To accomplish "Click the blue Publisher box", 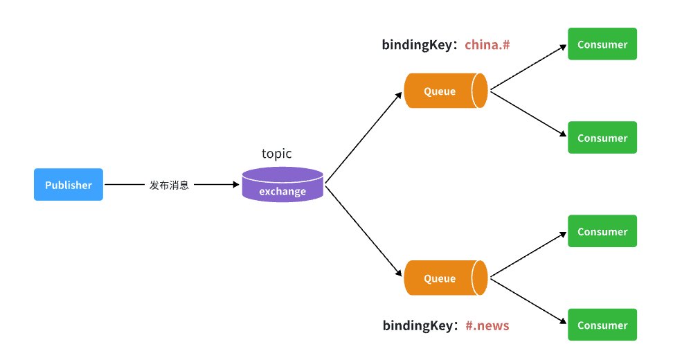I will tap(69, 185).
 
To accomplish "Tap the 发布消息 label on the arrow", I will tap(169, 186).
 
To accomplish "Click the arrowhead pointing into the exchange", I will tap(235, 185).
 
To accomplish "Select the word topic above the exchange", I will tap(276, 154).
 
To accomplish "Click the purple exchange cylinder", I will tap(282, 186).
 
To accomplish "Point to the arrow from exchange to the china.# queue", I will tap(364, 138).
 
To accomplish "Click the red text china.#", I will tap(487, 45).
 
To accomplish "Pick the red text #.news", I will tap(487, 325).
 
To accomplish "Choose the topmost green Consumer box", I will tap(602, 44).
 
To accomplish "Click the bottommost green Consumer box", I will tap(602, 325).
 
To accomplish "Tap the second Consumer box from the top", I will tap(602, 138).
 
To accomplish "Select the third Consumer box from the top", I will tap(602, 232).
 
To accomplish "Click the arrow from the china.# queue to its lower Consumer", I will tap(528, 114).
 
